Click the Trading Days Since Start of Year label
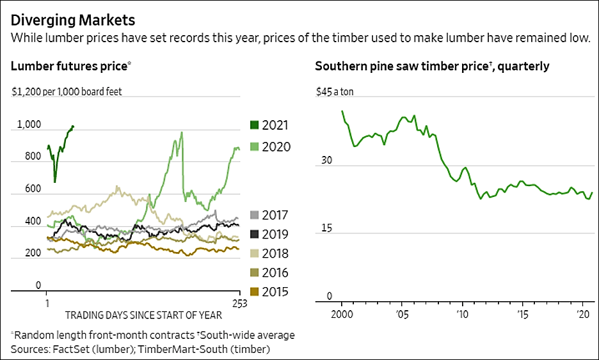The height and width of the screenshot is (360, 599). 143,315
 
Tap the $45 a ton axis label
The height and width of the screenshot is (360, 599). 335,91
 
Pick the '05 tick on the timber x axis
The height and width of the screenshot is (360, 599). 402,315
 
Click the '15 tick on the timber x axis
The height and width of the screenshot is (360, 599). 522,315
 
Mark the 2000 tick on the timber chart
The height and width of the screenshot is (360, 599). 342,315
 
